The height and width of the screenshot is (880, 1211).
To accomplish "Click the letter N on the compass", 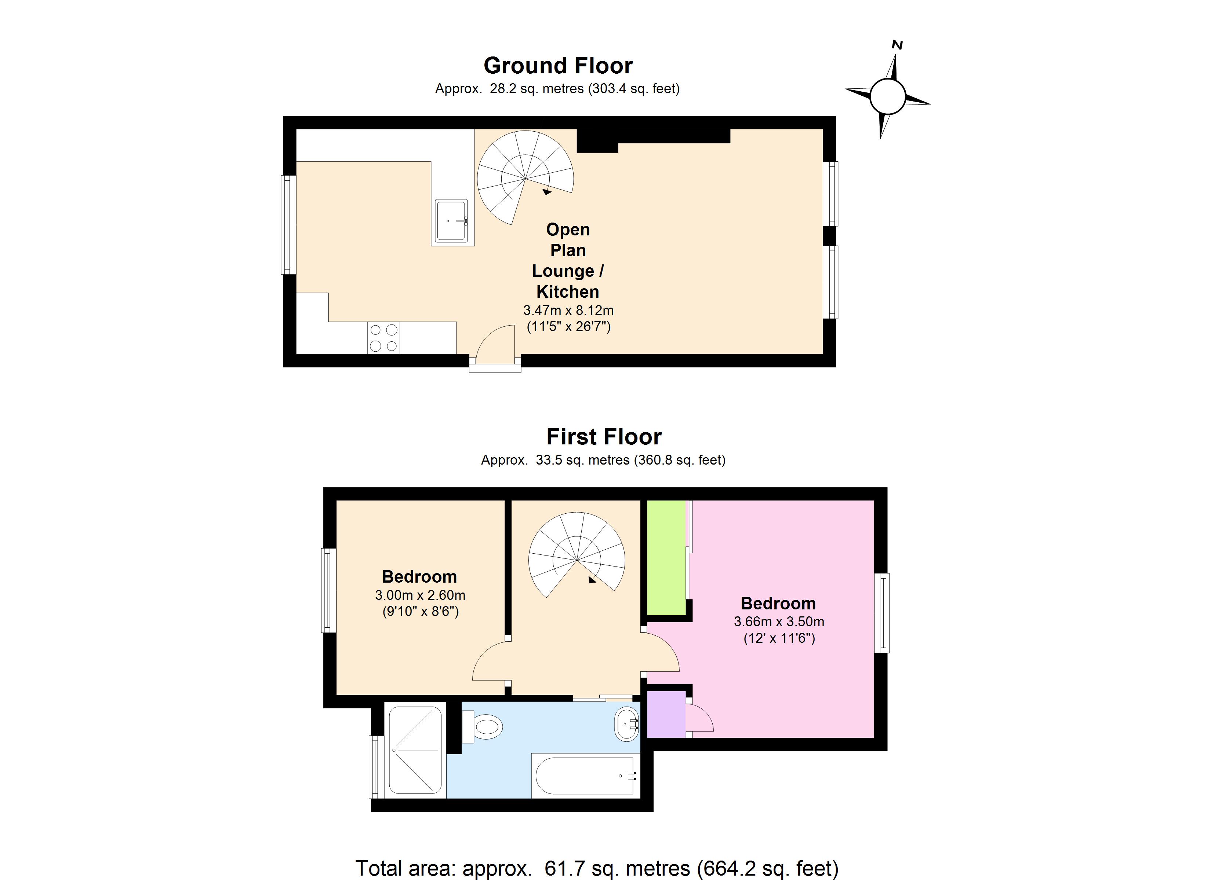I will point(897,45).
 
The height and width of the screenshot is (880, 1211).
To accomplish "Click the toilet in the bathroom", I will point(483,727).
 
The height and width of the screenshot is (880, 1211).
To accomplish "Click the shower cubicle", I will point(415,750).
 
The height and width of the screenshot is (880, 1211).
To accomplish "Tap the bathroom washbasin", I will point(626,724).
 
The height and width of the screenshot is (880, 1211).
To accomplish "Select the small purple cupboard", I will point(666,714).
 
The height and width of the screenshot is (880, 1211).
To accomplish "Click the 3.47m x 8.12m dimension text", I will point(568,310).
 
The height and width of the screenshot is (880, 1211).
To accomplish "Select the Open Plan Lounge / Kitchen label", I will point(568,260).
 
